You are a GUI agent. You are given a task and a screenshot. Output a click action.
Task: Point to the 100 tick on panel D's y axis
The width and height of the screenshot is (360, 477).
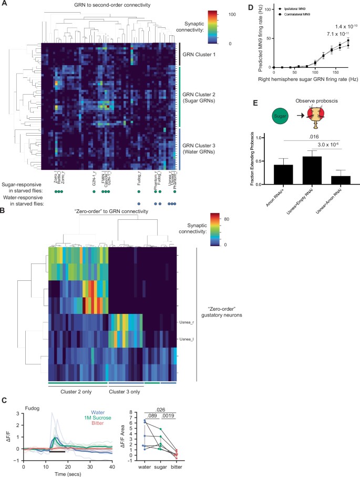tap(268, 9)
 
